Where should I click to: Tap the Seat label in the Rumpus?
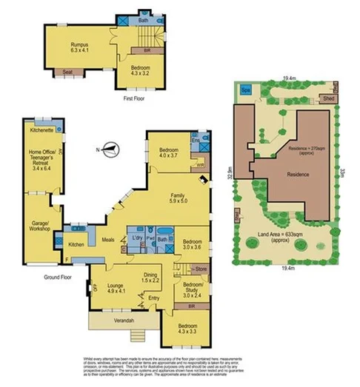[x=67, y=72]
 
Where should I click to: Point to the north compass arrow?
[x=109, y=149]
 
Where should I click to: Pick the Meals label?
[x=107, y=239]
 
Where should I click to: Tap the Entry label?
[x=153, y=298]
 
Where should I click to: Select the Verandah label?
[x=119, y=320]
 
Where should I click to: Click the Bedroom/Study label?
[x=193, y=288]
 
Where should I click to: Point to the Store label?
[x=201, y=269]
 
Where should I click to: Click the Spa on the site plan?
[x=245, y=92]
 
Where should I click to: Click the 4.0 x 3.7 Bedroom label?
[x=170, y=152]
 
